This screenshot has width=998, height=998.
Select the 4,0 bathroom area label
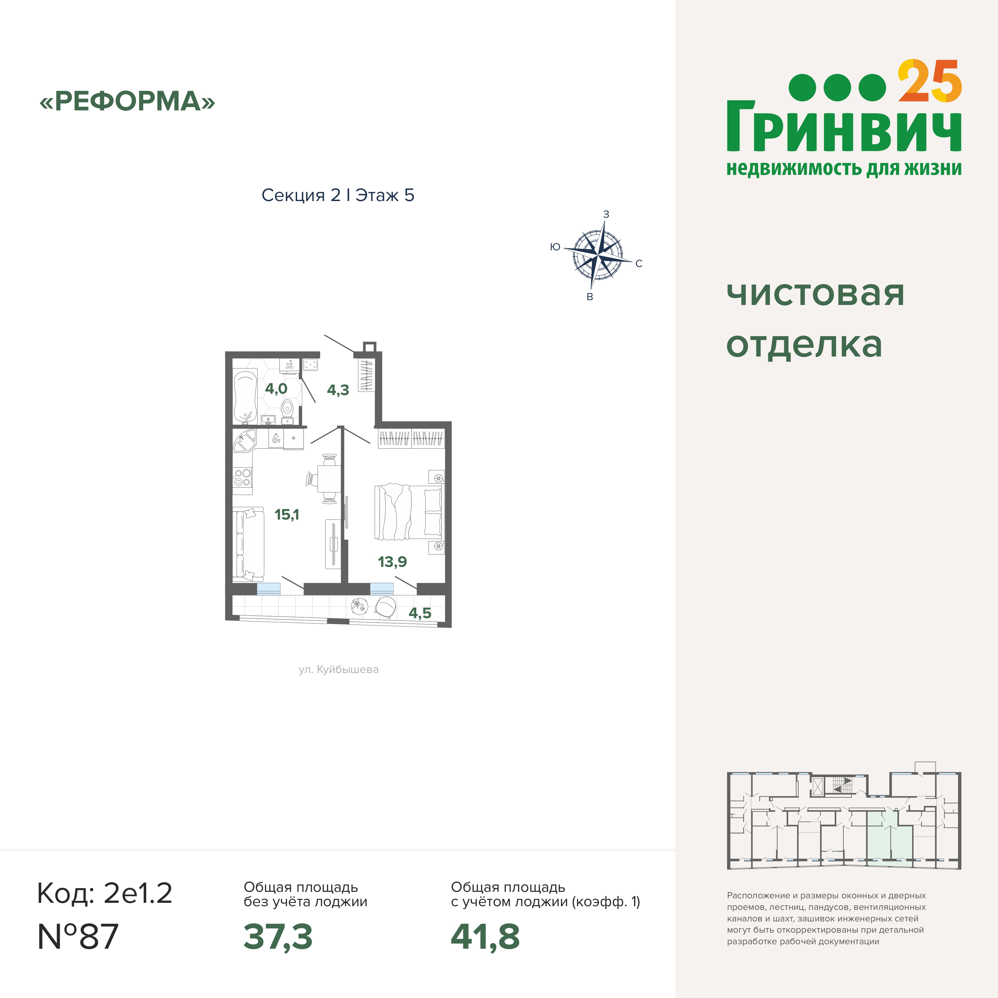point(276,388)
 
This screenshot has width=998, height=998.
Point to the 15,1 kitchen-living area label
point(287,514)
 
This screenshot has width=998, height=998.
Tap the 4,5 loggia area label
point(420,613)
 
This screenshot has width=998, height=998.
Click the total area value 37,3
point(278,937)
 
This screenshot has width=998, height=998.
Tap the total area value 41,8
point(485,937)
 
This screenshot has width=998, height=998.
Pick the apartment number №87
point(78,937)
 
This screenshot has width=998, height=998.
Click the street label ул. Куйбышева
point(338,669)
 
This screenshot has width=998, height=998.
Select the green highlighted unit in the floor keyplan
point(889,845)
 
